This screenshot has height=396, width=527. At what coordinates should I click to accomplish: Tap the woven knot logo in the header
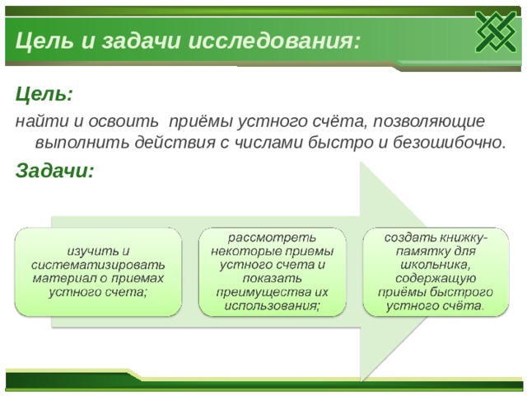coord(496,32)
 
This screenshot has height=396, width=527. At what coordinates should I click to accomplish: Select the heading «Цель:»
coord(44,95)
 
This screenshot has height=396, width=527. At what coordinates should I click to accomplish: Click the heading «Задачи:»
coord(54,171)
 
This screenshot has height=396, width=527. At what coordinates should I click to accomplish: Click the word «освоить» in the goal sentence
coord(123,121)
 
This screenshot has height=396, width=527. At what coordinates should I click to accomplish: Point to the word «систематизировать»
coord(98,265)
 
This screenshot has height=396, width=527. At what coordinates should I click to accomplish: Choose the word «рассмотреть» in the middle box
coord(272,238)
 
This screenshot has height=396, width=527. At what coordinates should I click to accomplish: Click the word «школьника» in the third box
coord(434,266)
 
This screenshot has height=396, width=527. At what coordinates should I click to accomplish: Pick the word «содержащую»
coord(436,279)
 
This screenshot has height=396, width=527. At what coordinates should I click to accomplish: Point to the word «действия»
coord(175,143)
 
